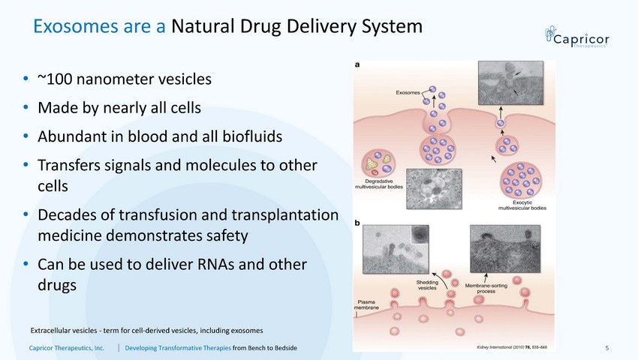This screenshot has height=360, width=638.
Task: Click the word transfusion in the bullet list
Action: point(137,215)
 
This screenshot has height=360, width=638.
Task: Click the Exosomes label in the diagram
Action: point(409,92)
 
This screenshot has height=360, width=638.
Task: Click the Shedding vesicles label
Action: point(428,283)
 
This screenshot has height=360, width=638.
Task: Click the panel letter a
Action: point(357,65)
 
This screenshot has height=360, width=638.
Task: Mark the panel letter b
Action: point(357,222)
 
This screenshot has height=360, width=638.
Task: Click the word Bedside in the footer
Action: point(282,348)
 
